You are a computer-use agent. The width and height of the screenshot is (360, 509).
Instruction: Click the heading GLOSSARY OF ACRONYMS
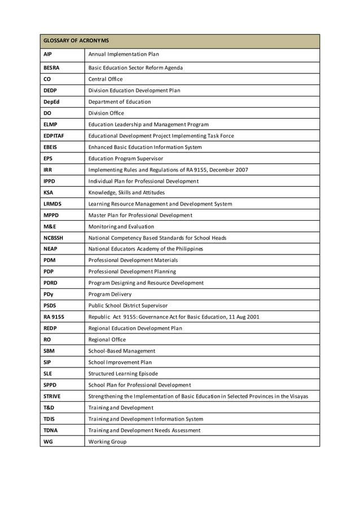pos(76,41)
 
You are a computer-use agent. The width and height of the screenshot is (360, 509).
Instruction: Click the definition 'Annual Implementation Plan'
pos(124,54)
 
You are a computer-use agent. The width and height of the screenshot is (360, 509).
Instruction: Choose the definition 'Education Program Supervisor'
pos(126,159)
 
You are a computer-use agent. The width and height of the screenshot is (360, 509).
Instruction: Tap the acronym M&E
pos(50,226)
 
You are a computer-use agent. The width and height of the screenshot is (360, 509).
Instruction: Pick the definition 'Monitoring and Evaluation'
pos(121,226)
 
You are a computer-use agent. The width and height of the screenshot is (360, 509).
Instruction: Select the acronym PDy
pos(49,294)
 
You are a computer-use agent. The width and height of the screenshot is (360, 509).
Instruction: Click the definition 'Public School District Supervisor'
pos(133,305)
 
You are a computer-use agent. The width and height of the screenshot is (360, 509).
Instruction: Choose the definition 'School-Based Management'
pos(122,351)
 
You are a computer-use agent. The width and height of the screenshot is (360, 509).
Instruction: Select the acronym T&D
pos(49,407)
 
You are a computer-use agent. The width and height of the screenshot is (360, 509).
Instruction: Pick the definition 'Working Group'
pos(107,441)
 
